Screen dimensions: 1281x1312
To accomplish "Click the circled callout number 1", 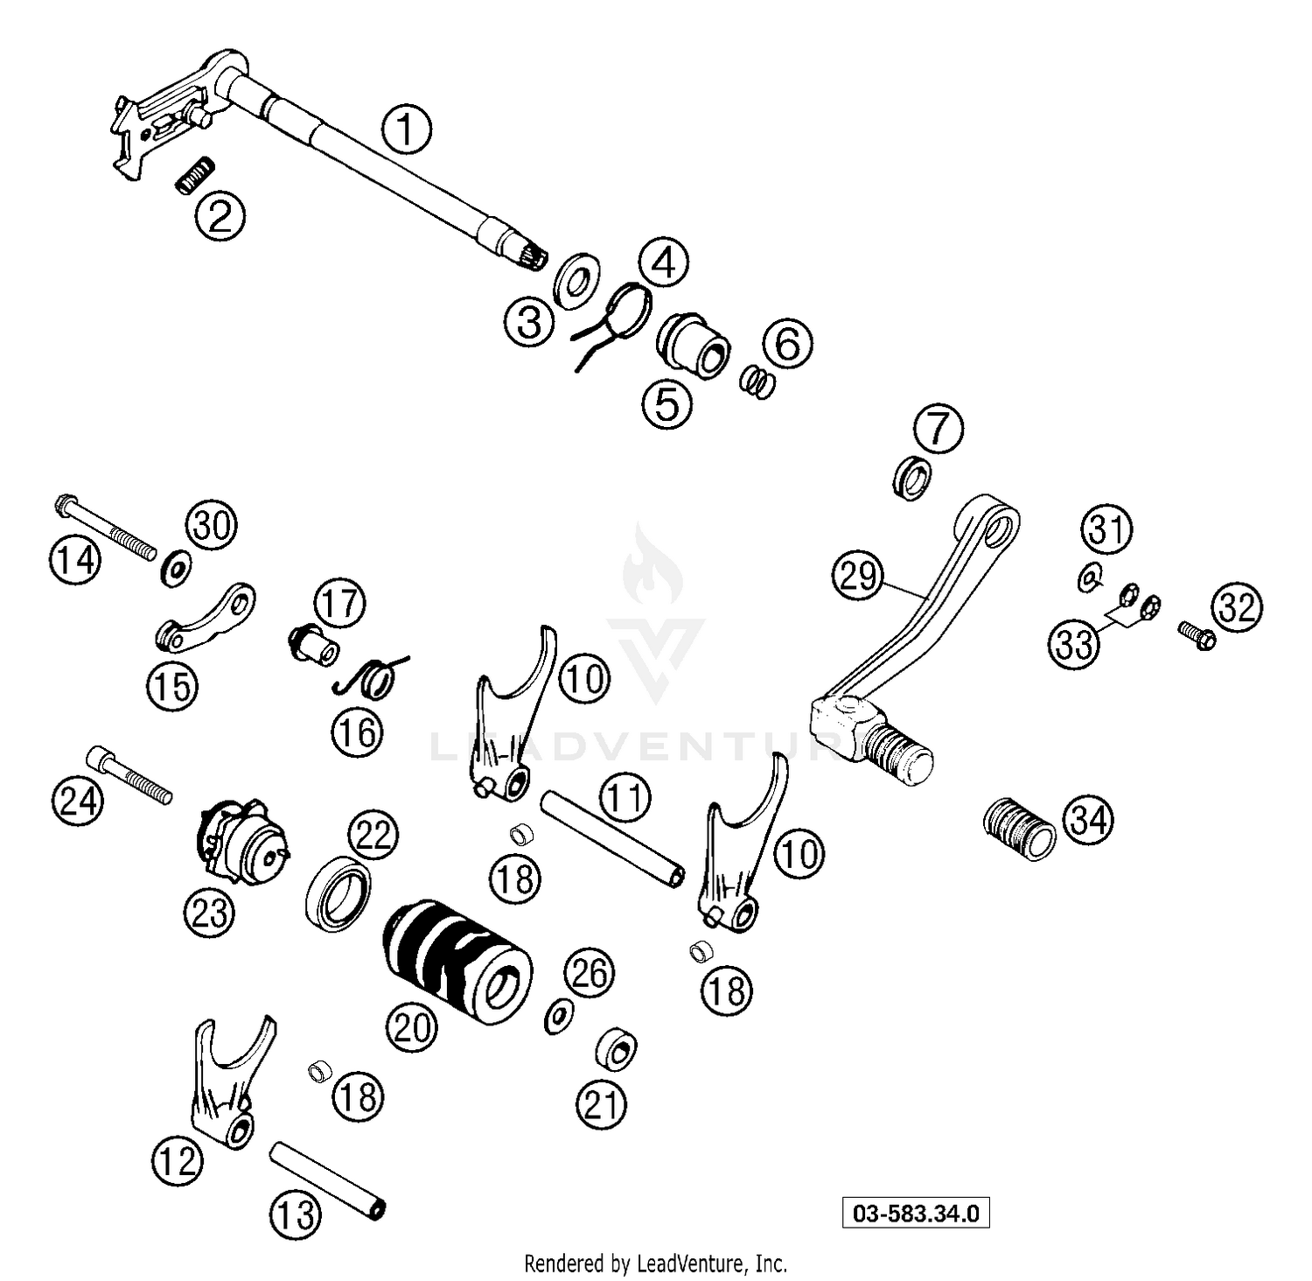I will coord(406,130).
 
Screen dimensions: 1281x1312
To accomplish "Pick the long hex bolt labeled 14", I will coord(105,528).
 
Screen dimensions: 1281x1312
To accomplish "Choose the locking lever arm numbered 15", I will coord(206,620).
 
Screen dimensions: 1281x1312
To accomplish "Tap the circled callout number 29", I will coord(858,577).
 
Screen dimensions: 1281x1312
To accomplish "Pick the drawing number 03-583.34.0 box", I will coord(916,1214).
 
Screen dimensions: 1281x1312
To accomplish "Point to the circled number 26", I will coord(590,973).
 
